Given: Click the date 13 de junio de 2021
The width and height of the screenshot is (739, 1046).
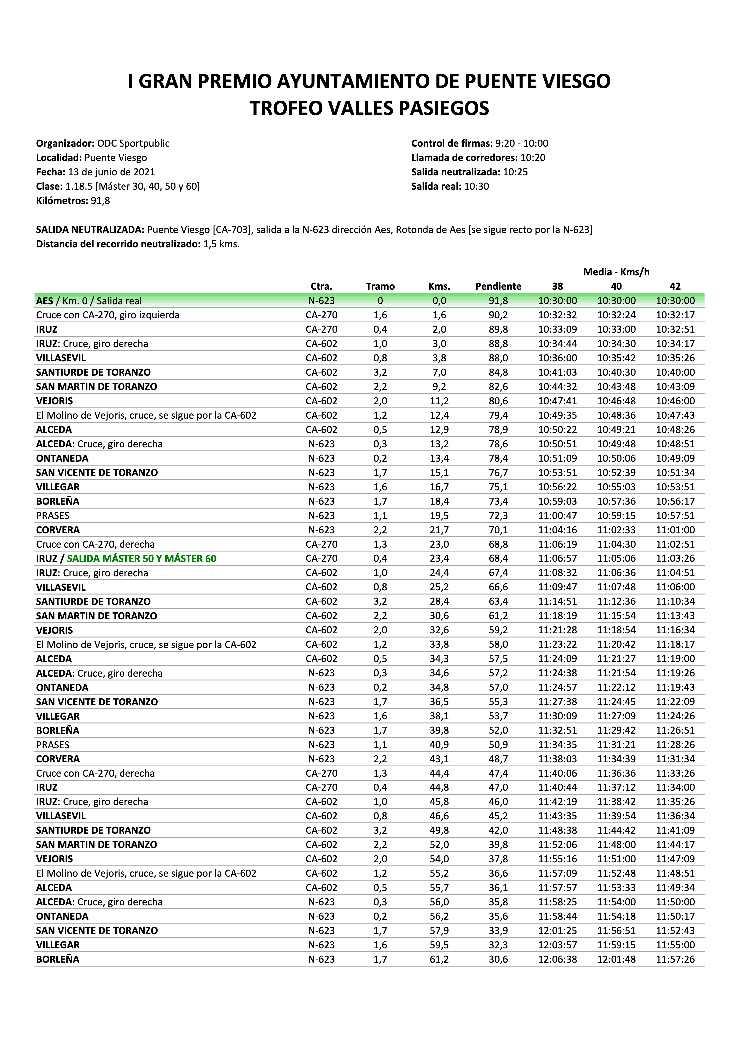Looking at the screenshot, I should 111,172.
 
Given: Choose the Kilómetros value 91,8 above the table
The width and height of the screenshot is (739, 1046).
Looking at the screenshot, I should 100,201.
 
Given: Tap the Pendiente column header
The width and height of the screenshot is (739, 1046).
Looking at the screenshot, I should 498,286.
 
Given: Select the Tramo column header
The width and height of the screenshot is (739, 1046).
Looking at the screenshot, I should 380,286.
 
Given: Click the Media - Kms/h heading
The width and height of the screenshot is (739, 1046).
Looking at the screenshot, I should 616,272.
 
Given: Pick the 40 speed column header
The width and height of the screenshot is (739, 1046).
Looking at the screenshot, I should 616,286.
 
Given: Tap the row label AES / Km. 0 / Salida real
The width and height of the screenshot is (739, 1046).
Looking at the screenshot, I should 89,301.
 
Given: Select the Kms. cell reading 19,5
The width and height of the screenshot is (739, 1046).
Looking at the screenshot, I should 439,515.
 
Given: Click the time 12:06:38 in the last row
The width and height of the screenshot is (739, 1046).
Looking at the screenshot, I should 557,959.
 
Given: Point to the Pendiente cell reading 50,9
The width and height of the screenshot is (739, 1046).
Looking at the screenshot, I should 498,745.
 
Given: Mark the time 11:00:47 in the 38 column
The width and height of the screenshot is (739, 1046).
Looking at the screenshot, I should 557,515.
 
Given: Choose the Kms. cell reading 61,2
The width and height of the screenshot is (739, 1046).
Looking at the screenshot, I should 439,959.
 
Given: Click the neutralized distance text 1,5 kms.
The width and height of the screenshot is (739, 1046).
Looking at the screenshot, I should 221,244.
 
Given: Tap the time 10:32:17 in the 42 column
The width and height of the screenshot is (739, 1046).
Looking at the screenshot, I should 675,315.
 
